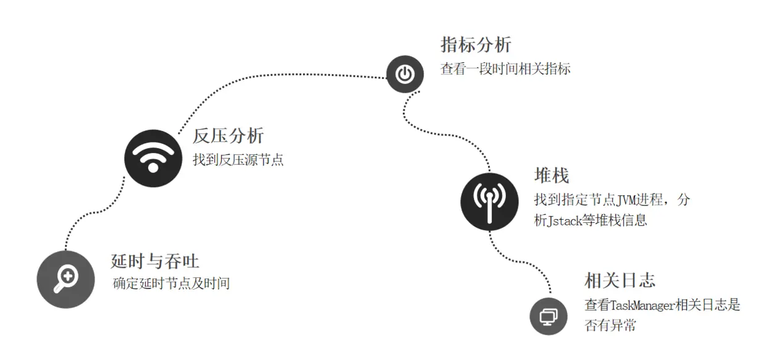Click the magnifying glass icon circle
coord(65,279)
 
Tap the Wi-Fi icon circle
coord(153,157)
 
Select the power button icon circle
coord(405,74)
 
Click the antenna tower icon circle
coord(489,201)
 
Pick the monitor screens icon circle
coord(549,316)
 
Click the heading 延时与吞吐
coord(155,261)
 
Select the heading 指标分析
coord(476,44)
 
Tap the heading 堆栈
coord(551,176)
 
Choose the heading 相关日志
coord(620,280)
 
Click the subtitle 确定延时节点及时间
coord(171,284)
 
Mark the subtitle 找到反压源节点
coord(238,160)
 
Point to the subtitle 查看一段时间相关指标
coord(505,69)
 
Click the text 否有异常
coord(610,325)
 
